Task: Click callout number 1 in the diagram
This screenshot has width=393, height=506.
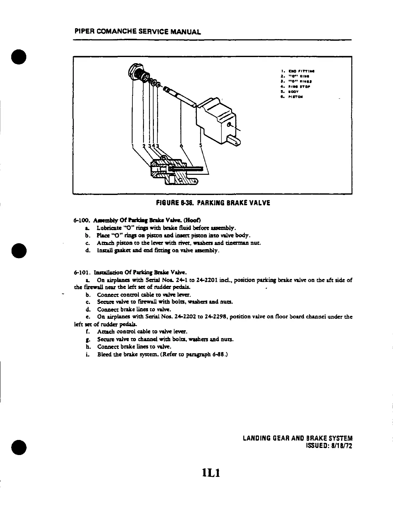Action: click(x=133, y=147)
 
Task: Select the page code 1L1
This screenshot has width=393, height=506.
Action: click(x=213, y=473)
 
